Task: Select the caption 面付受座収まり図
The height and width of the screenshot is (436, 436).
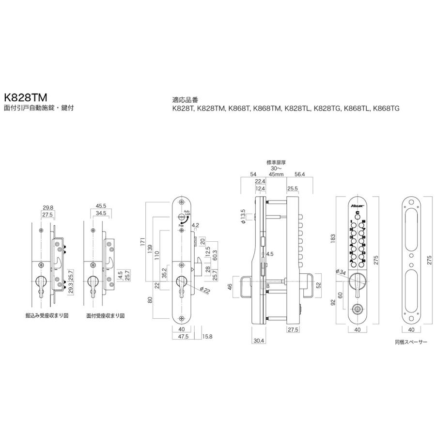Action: click(x=106, y=315)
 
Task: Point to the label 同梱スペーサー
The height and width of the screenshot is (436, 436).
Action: click(x=411, y=342)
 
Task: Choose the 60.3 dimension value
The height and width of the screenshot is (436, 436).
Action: click(x=214, y=254)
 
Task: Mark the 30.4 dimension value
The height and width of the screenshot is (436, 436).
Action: click(x=258, y=341)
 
